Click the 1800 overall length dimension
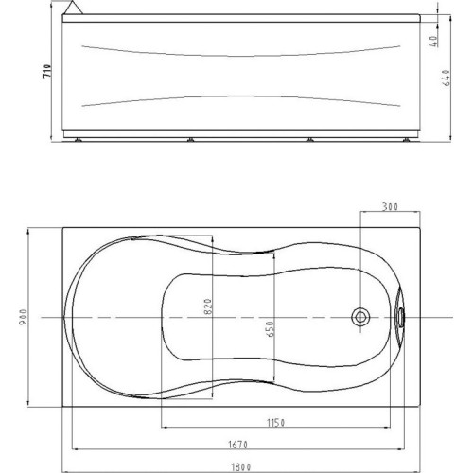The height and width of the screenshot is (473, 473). coord(241,466)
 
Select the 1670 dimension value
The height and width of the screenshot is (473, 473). coord(237,445)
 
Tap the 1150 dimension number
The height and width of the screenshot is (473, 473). coord(276,423)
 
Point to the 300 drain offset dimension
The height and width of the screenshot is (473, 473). coord(390,207)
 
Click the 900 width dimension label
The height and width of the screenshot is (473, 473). coord(24,317)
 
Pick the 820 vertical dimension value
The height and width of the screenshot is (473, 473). coord(208,307)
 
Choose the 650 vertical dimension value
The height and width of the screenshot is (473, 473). coord(271,329)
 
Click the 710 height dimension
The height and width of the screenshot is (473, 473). coord(47,71)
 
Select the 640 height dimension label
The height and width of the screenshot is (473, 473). coord(447,78)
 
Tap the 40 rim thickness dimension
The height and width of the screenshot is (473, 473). coord(434,42)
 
